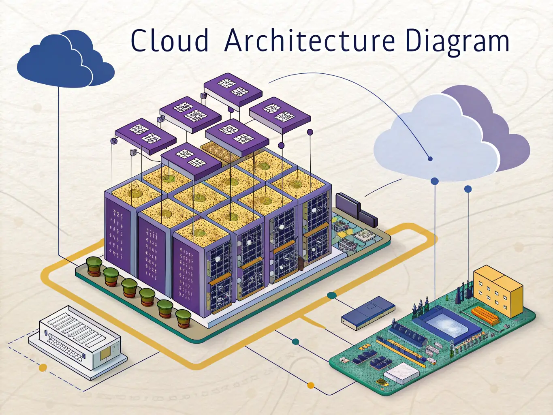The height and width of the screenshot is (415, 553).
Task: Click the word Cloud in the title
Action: click(170, 41)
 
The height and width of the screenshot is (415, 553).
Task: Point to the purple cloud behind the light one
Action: click(506, 134)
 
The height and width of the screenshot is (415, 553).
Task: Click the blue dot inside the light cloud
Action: click(430, 159)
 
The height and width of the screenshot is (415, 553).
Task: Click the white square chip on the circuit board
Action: click(401, 373)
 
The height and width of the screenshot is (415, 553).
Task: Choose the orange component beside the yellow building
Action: click(485, 314)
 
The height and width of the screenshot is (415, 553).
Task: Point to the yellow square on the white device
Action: click(106, 354)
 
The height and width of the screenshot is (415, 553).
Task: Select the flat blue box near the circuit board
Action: click(368, 310)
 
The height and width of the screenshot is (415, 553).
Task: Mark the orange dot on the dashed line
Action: click(43, 368)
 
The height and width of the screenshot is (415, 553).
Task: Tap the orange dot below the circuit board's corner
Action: click(311, 385)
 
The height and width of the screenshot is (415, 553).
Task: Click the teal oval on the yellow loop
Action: click(331, 295)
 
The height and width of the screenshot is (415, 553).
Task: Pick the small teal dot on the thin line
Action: click(295, 342)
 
